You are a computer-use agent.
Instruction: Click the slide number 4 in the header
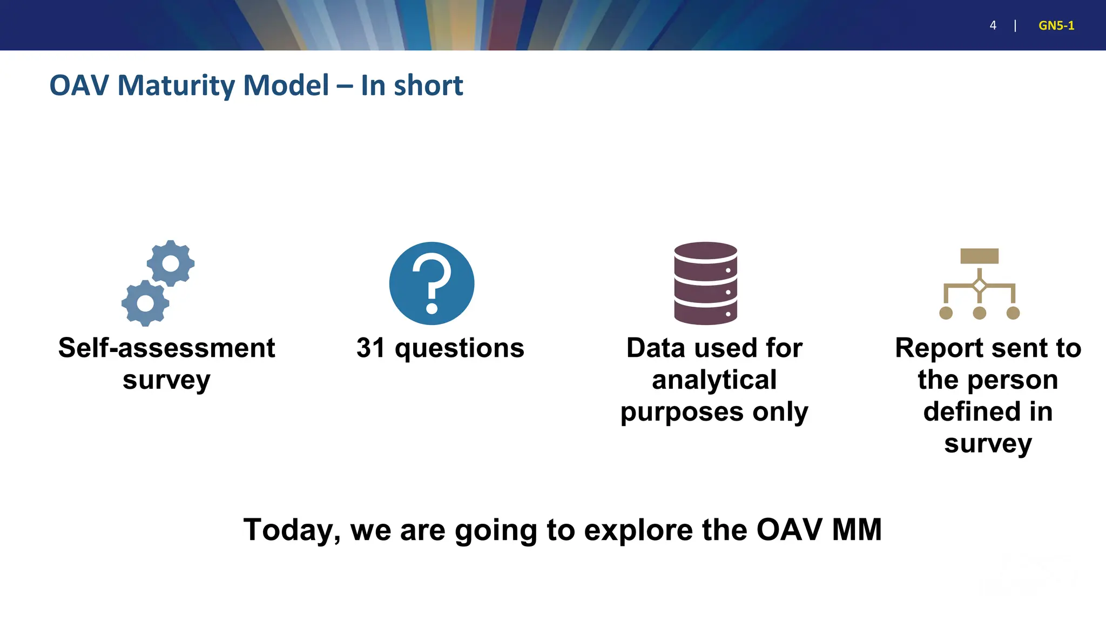[x=993, y=25]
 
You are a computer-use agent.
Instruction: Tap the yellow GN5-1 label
[x=1056, y=25]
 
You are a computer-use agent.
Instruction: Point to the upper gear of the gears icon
[x=171, y=263]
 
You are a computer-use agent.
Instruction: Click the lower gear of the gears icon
[x=145, y=303]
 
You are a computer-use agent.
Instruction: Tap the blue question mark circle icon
[x=431, y=283]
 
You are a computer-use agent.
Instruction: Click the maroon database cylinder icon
[x=705, y=283]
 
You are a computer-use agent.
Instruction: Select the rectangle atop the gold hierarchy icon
[x=979, y=256]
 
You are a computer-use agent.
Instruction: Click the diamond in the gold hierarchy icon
[x=979, y=286]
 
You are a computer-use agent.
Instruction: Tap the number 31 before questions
[x=371, y=348]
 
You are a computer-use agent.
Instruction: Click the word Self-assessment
[x=166, y=348]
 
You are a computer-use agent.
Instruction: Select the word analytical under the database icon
[x=714, y=380]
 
